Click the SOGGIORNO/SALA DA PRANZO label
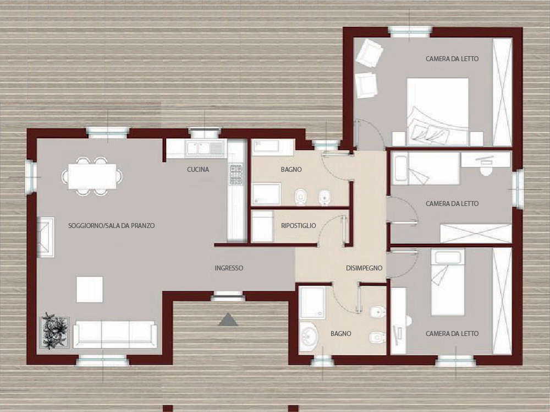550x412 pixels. [111, 225]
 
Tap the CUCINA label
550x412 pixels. [198, 169]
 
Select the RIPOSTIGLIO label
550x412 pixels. [299, 225]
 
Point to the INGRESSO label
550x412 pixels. [229, 268]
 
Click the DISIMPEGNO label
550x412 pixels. [364, 268]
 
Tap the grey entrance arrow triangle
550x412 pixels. [228, 319]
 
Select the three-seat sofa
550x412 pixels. [115, 334]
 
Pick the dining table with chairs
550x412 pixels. [92, 176]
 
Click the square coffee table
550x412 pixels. [90, 289]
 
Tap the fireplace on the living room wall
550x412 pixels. [45, 237]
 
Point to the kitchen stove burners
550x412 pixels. [236, 174]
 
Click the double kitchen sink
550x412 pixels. [205, 148]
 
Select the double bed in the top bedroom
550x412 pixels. [438, 111]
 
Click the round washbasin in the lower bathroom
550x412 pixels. [309, 336]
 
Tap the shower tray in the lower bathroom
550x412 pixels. [312, 302]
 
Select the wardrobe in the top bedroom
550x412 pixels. [502, 92]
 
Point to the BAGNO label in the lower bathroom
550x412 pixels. [341, 334]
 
